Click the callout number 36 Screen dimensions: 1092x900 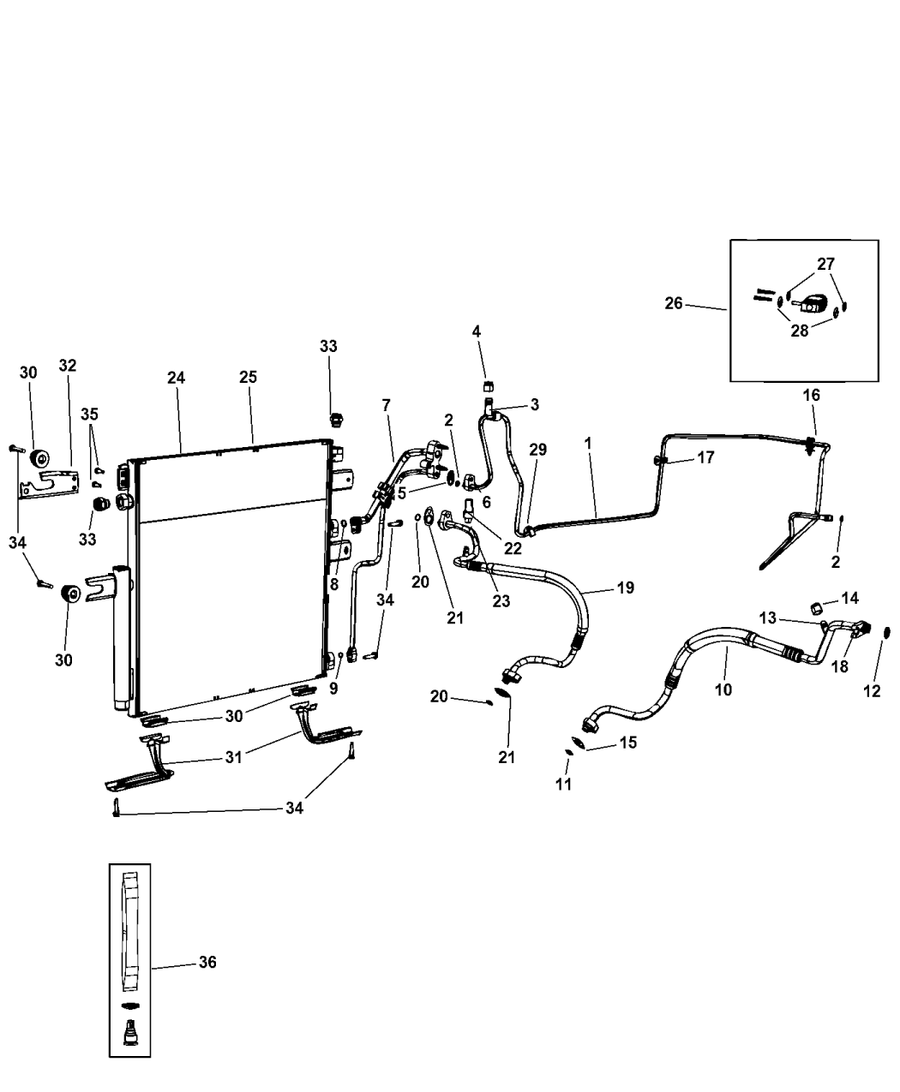[x=207, y=963]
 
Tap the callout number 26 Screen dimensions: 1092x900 [x=674, y=303]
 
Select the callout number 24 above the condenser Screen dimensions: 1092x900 [x=176, y=378]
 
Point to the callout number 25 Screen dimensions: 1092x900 [x=248, y=378]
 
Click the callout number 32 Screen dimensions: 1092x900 [x=68, y=366]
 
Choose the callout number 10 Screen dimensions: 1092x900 [x=723, y=689]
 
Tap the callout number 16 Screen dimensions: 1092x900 [x=811, y=395]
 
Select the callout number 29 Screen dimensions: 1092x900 [x=537, y=450]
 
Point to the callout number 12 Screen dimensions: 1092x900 [x=872, y=691]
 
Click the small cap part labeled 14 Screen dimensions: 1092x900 [x=817, y=608]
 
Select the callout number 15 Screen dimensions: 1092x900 [x=627, y=743]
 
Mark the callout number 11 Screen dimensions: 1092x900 [x=564, y=783]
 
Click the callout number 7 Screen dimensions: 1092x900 [x=386, y=403]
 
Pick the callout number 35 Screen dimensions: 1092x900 [x=89, y=414]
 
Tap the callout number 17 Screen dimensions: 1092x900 [x=705, y=458]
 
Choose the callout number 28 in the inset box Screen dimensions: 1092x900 [x=799, y=331]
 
